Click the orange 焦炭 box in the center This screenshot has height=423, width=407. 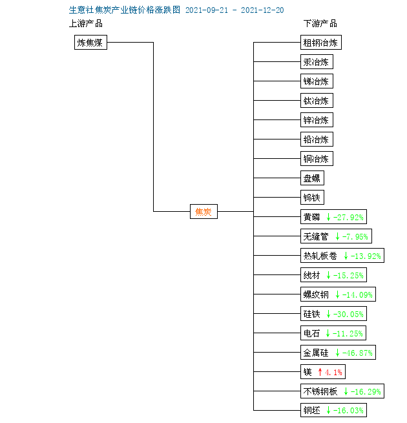pos(203,212)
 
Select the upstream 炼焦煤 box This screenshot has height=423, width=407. pos(90,43)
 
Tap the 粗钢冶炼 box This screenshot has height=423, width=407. pos(321,43)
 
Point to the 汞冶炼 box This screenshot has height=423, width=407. pos(317,62)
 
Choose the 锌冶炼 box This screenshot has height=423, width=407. pos(317,119)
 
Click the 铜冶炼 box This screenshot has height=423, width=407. pos(317,159)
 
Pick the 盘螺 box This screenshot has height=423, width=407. pos(312,178)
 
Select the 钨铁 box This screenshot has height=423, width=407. pos(312,198)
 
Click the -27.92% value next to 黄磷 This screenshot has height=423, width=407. pos(348,217)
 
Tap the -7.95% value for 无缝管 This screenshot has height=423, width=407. pos(355,236)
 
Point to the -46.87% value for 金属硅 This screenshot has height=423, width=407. pos(357,353)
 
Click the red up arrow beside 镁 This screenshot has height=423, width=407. pos(320,372)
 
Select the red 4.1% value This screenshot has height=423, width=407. pos(333,372)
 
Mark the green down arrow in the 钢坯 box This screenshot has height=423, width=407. pos(328,410)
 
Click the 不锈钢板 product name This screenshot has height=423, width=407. pos(320,391)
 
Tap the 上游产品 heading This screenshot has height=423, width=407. pos(86,23)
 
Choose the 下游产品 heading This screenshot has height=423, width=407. pos(320,23)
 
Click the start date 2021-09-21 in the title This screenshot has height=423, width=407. pos(207,10)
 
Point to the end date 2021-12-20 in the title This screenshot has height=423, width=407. pos(262,10)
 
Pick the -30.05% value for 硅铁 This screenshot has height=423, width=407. pos(348,314)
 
